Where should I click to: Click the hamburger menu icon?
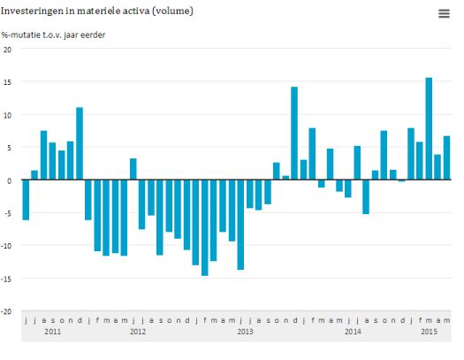click(444, 13)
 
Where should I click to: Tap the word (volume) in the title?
click(172, 11)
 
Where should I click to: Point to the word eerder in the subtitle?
click(93, 34)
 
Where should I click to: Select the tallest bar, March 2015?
click(429, 129)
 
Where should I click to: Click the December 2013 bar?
click(294, 134)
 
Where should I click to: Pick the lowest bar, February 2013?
click(205, 227)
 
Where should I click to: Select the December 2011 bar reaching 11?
click(80, 143)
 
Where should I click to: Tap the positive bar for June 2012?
click(133, 169)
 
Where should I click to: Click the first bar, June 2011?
click(26, 200)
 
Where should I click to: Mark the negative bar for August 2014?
click(366, 196)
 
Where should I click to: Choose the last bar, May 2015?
click(446, 157)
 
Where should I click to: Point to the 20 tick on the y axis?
click(7, 50)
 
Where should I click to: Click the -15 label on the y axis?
click(6, 279)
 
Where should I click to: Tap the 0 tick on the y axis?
click(9, 180)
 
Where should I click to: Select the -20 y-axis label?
click(6, 311)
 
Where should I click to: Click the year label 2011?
click(53, 332)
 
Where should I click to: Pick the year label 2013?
click(245, 332)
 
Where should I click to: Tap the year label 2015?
click(429, 332)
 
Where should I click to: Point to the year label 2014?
click(353, 332)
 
